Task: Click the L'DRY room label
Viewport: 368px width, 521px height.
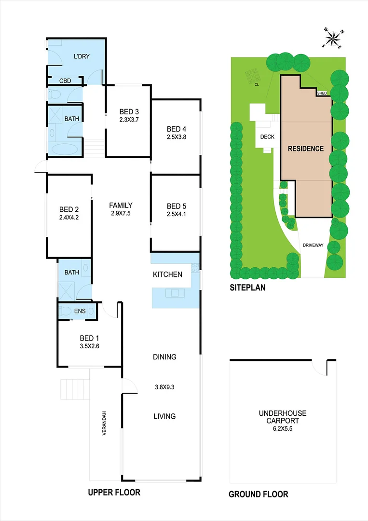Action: point(82,56)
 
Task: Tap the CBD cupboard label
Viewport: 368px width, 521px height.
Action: point(66,81)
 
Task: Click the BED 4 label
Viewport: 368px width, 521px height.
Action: point(176,129)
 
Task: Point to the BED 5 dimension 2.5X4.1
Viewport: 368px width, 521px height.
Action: point(176,214)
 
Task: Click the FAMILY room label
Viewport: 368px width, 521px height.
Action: point(121,205)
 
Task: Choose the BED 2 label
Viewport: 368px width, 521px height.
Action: point(69,209)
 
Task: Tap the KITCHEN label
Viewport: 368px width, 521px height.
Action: point(167,274)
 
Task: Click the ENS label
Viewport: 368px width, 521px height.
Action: point(80,311)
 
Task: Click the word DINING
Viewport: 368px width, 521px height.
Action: point(164,357)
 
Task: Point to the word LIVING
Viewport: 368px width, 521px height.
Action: point(164,416)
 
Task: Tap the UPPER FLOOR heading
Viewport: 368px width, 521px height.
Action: point(114,493)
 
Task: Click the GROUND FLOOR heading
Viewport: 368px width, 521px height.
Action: point(258,494)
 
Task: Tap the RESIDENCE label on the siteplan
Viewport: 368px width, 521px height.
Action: point(306,149)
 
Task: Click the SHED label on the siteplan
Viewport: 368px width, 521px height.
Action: point(323,93)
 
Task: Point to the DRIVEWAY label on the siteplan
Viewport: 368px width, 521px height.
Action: point(313,246)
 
